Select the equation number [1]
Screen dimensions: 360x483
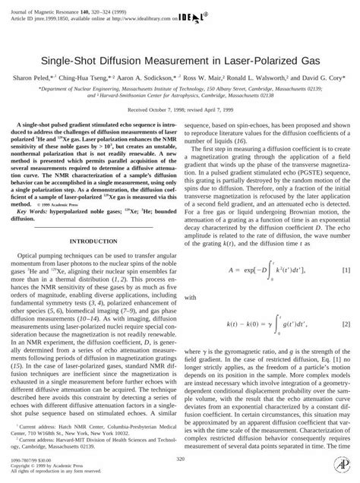[346, 270]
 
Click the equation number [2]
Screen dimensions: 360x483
[346, 324]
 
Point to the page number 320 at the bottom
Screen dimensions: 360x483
[180, 459]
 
